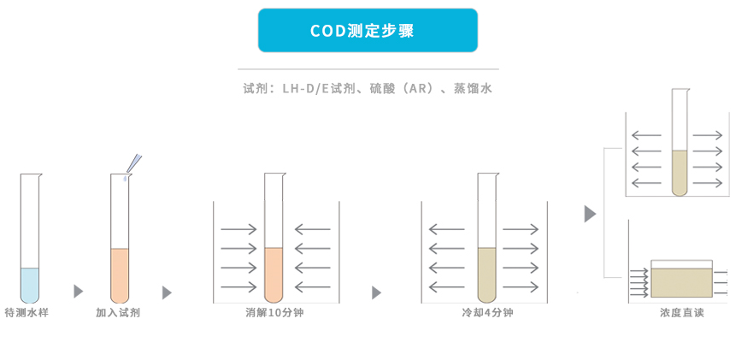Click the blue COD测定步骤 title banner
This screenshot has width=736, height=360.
(368, 31)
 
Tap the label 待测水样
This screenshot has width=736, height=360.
(26, 313)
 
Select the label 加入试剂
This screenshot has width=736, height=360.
(118, 313)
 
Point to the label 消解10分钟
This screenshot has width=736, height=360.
(274, 313)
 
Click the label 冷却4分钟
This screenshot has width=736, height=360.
(486, 313)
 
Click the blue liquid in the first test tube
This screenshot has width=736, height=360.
(30, 284)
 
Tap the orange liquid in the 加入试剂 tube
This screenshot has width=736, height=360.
(120, 274)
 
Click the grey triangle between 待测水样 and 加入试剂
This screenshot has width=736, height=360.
(79, 292)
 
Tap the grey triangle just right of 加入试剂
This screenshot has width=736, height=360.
(167, 292)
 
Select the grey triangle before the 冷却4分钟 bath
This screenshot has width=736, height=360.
(376, 292)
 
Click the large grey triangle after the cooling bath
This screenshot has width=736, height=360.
(590, 214)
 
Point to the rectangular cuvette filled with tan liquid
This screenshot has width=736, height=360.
(681, 280)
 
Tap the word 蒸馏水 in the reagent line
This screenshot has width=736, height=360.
(473, 88)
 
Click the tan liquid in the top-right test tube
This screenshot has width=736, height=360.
(680, 171)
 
